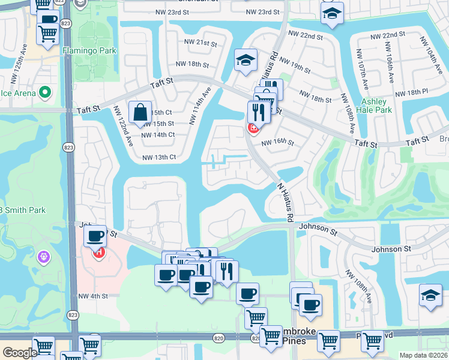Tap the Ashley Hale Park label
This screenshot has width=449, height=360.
point(376,106)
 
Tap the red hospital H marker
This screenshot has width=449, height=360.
point(98,253)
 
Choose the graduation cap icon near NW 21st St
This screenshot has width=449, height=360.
point(245,60)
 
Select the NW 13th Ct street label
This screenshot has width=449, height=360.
point(159,158)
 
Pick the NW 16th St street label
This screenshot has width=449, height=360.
point(277,143)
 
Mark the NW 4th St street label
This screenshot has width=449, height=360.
point(93,296)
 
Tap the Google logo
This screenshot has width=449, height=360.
point(20,353)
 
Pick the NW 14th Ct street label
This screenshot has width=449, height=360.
point(158,135)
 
